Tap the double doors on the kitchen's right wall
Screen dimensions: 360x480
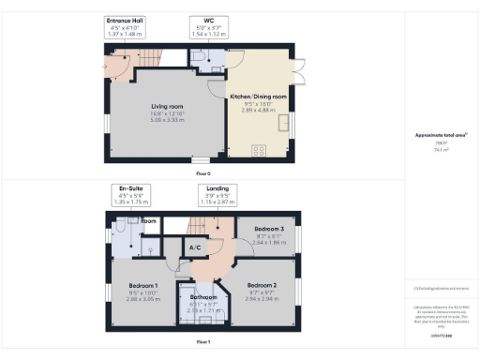299,71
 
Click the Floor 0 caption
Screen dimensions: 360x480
202,173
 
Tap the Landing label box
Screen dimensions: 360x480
217,194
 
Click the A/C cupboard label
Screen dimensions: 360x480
196,248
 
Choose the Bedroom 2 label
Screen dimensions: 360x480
262,284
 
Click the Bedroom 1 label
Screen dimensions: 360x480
143,284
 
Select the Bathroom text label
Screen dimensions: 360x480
203,296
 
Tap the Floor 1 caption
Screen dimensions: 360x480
202,343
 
